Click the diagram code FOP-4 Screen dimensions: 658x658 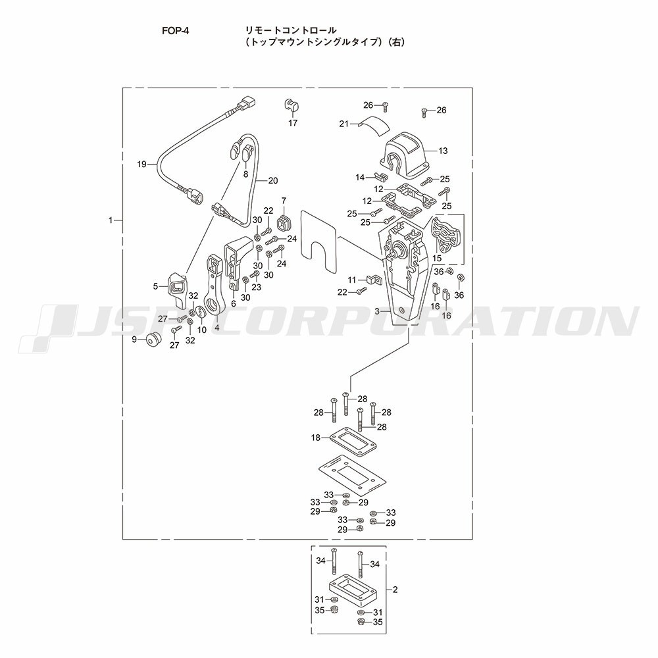point(176,31)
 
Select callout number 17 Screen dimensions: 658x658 point(293,123)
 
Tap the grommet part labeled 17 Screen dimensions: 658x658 point(290,105)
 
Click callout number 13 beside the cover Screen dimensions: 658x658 point(443,151)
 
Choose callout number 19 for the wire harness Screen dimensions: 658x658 point(142,164)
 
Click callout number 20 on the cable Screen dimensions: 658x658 point(273,181)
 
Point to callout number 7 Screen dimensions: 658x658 point(284,201)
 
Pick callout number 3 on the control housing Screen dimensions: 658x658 point(377,311)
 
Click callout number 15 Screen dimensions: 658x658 point(438,258)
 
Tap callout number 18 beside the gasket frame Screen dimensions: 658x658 point(316,438)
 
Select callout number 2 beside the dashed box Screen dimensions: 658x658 point(395,590)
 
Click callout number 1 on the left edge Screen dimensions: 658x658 point(111,220)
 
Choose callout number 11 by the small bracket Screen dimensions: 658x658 point(351,280)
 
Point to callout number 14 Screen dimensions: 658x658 point(360,178)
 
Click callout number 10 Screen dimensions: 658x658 point(202,330)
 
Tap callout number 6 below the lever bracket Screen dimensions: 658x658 point(234,303)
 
